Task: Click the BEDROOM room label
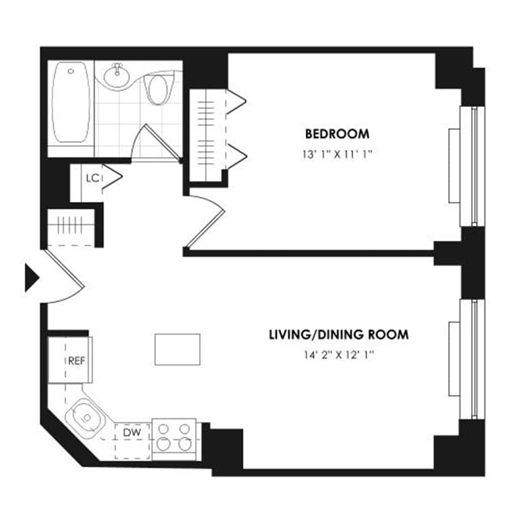click(337, 134)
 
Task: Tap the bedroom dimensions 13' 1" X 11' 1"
click(337, 155)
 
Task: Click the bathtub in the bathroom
click(71, 103)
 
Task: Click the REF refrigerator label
click(76, 360)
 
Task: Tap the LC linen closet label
click(92, 178)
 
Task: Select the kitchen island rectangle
click(177, 349)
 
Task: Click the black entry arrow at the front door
click(31, 278)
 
